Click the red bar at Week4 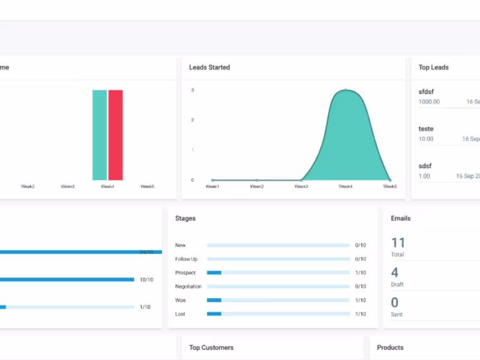(x=115, y=135)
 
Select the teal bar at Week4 (x=100, y=135)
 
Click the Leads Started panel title (x=209, y=68)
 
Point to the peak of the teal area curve (x=346, y=91)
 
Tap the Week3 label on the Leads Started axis (x=301, y=187)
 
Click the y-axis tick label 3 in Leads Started (x=192, y=91)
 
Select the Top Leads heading (x=433, y=68)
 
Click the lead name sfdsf (x=426, y=92)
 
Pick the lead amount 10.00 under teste (x=426, y=139)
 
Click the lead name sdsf (x=425, y=166)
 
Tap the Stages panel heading (x=185, y=219)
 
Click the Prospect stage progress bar (x=278, y=273)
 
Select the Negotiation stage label (x=188, y=287)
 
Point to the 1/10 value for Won (x=360, y=301)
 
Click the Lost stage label (x=181, y=314)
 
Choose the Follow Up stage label (x=186, y=259)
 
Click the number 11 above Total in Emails (x=398, y=243)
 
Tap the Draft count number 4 (x=395, y=273)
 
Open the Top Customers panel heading (x=211, y=348)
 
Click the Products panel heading (x=390, y=348)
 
